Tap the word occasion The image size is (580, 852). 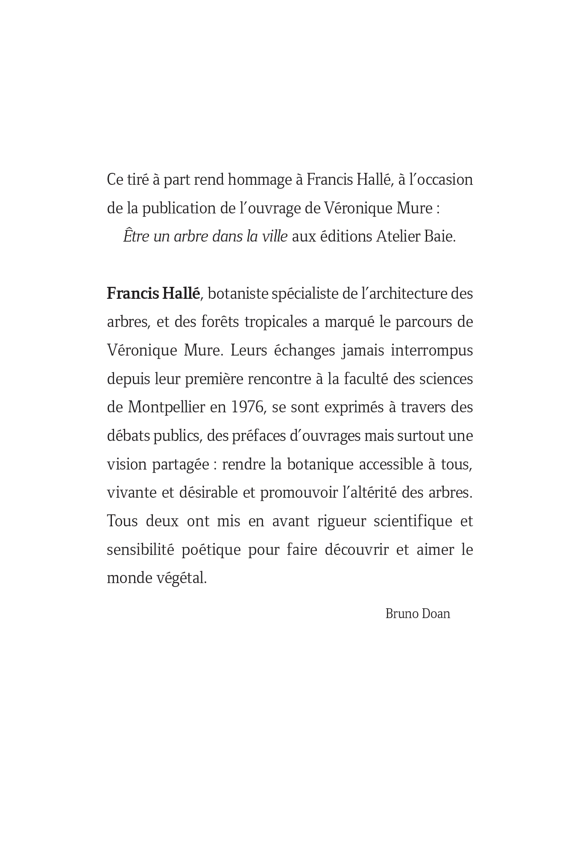444,180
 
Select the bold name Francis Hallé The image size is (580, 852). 153,294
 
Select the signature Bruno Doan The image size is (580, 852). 417,614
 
